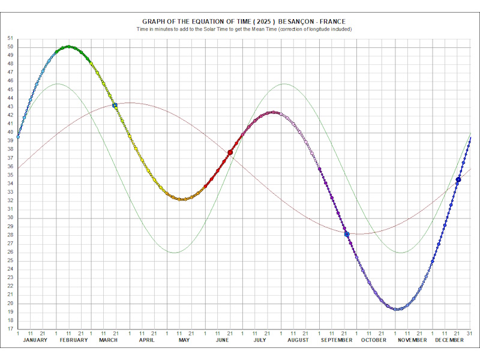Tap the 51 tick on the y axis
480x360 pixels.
[x=10, y=38]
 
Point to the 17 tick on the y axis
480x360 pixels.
[x=10, y=329]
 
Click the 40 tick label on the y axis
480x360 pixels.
[x=10, y=133]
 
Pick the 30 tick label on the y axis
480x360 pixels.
[x=10, y=218]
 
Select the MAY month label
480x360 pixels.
[x=184, y=340]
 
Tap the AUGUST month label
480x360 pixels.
[x=298, y=340]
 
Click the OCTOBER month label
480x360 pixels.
[x=374, y=340]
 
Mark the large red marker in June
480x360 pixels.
[x=230, y=153]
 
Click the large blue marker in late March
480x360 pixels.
[x=115, y=105]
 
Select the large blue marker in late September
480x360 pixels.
[x=347, y=234]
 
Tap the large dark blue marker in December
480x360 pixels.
[x=458, y=179]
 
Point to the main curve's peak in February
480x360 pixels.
[x=69, y=46]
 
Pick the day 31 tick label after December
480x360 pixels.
[x=470, y=333]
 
